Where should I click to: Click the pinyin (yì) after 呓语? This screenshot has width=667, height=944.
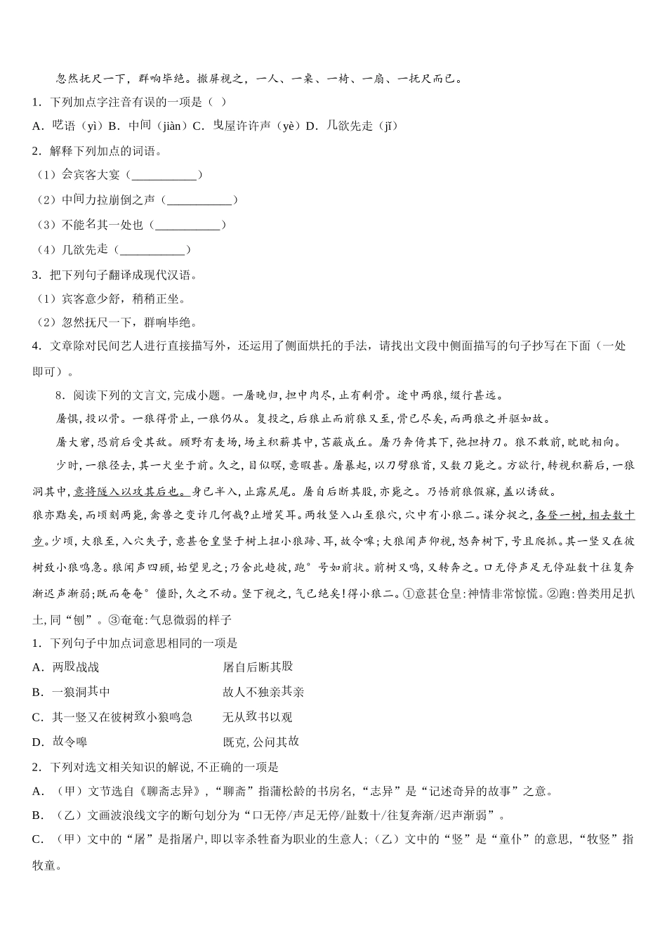pyautogui.click(x=90, y=126)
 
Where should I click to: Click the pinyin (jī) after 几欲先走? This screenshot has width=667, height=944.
pyautogui.click(x=385, y=126)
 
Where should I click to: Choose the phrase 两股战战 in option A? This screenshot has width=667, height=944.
pyautogui.click(x=76, y=667)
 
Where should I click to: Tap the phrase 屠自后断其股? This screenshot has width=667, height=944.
pyautogui.click(x=258, y=667)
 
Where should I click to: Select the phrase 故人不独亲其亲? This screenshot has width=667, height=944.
pyautogui.click(x=263, y=692)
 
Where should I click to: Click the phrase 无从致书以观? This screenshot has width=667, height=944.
pyautogui.click(x=257, y=717)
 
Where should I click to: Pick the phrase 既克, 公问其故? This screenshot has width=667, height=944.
pyautogui.click(x=260, y=742)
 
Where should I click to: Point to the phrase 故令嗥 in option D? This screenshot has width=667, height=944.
pyautogui.click(x=70, y=742)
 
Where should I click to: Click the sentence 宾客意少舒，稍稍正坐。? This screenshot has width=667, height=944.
pyautogui.click(x=124, y=299)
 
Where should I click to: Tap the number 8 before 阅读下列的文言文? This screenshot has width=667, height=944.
pyautogui.click(x=59, y=395)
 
